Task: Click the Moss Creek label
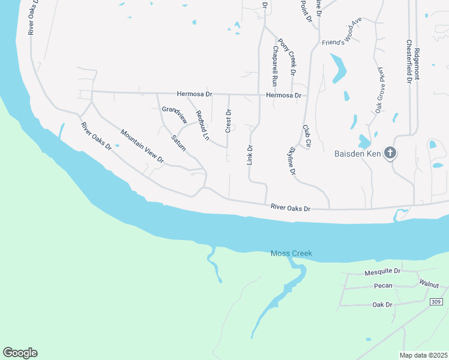pyautogui.click(x=291, y=254)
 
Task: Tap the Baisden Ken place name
pyautogui.click(x=358, y=154)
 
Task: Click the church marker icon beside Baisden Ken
pyautogui.click(x=390, y=153)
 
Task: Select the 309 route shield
pyautogui.click(x=436, y=301)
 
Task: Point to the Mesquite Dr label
pyautogui.click(x=382, y=272)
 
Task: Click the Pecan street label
pyautogui.click(x=382, y=286)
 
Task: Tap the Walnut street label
pyautogui.click(x=429, y=282)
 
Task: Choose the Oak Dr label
pyautogui.click(x=382, y=305)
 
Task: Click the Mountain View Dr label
pyautogui.click(x=142, y=146)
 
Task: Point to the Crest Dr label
pyautogui.click(x=228, y=121)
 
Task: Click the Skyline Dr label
pyautogui.click(x=293, y=161)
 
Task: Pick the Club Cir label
pyautogui.click(x=306, y=136)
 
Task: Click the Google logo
pyautogui.click(x=20, y=353)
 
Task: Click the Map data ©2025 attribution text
pyautogui.click(x=423, y=355)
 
